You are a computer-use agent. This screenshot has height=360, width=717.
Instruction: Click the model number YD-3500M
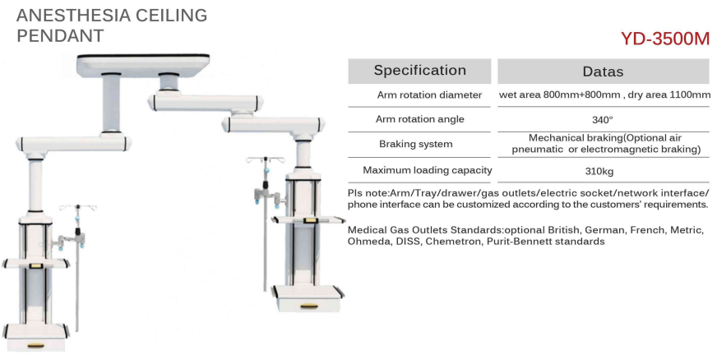point(665,39)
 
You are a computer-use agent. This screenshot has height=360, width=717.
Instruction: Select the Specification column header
point(420,71)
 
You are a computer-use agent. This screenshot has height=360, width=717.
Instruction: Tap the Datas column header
point(604,72)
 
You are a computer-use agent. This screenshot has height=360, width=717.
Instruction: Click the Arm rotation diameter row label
point(429,95)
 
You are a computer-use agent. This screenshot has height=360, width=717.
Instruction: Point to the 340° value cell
point(602,120)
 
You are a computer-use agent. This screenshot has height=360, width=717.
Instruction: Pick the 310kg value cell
point(599,172)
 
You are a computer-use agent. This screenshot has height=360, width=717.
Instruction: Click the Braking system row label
point(416,145)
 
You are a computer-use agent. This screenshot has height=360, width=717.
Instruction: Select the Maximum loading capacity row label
point(428,170)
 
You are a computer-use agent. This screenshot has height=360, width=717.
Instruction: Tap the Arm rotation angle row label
point(420,119)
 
